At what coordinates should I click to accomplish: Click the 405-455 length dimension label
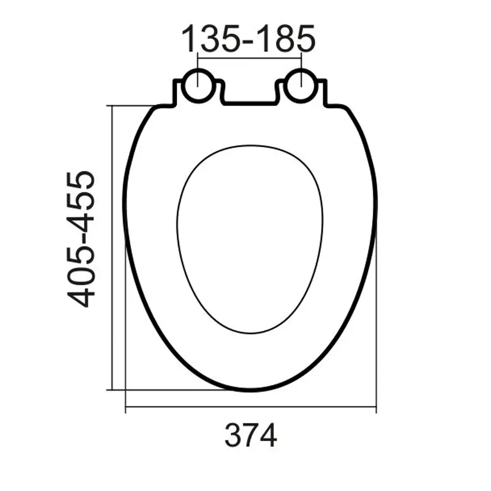point(81,239)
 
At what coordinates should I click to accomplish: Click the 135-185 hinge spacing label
point(248,39)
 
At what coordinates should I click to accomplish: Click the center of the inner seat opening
point(250,239)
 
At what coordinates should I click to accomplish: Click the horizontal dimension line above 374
point(251,407)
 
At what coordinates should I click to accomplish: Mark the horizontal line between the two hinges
point(249,58)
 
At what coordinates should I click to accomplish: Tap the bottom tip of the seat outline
point(250,390)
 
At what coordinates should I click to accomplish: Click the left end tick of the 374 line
point(126,407)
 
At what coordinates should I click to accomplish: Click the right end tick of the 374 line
point(376,407)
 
